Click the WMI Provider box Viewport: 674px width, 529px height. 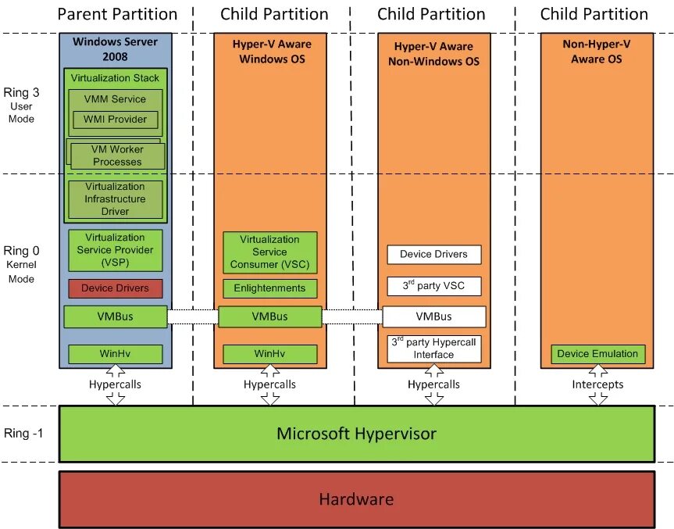(115, 120)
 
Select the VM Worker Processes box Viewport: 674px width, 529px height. (117, 156)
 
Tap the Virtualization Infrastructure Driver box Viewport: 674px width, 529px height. (115, 199)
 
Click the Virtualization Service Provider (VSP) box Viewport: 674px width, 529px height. (115, 250)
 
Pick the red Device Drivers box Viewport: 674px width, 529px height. (115, 288)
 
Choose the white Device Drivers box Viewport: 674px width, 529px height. (433, 254)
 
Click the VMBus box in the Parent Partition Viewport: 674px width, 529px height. (115, 316)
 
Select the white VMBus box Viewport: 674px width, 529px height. (433, 316)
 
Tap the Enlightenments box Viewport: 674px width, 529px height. (269, 288)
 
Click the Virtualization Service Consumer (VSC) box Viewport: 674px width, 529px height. (269, 252)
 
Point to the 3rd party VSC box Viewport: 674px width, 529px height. (433, 286)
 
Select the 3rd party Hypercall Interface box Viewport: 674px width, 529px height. (433, 348)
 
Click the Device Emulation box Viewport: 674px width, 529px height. (597, 354)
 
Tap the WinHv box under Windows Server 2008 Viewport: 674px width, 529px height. (115, 354)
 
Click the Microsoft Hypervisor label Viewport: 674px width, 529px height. (356, 433)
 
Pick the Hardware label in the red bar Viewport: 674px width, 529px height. (356, 499)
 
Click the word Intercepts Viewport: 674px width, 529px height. (597, 384)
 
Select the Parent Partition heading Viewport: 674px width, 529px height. (117, 14)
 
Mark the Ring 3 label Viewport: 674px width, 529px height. (21, 92)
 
